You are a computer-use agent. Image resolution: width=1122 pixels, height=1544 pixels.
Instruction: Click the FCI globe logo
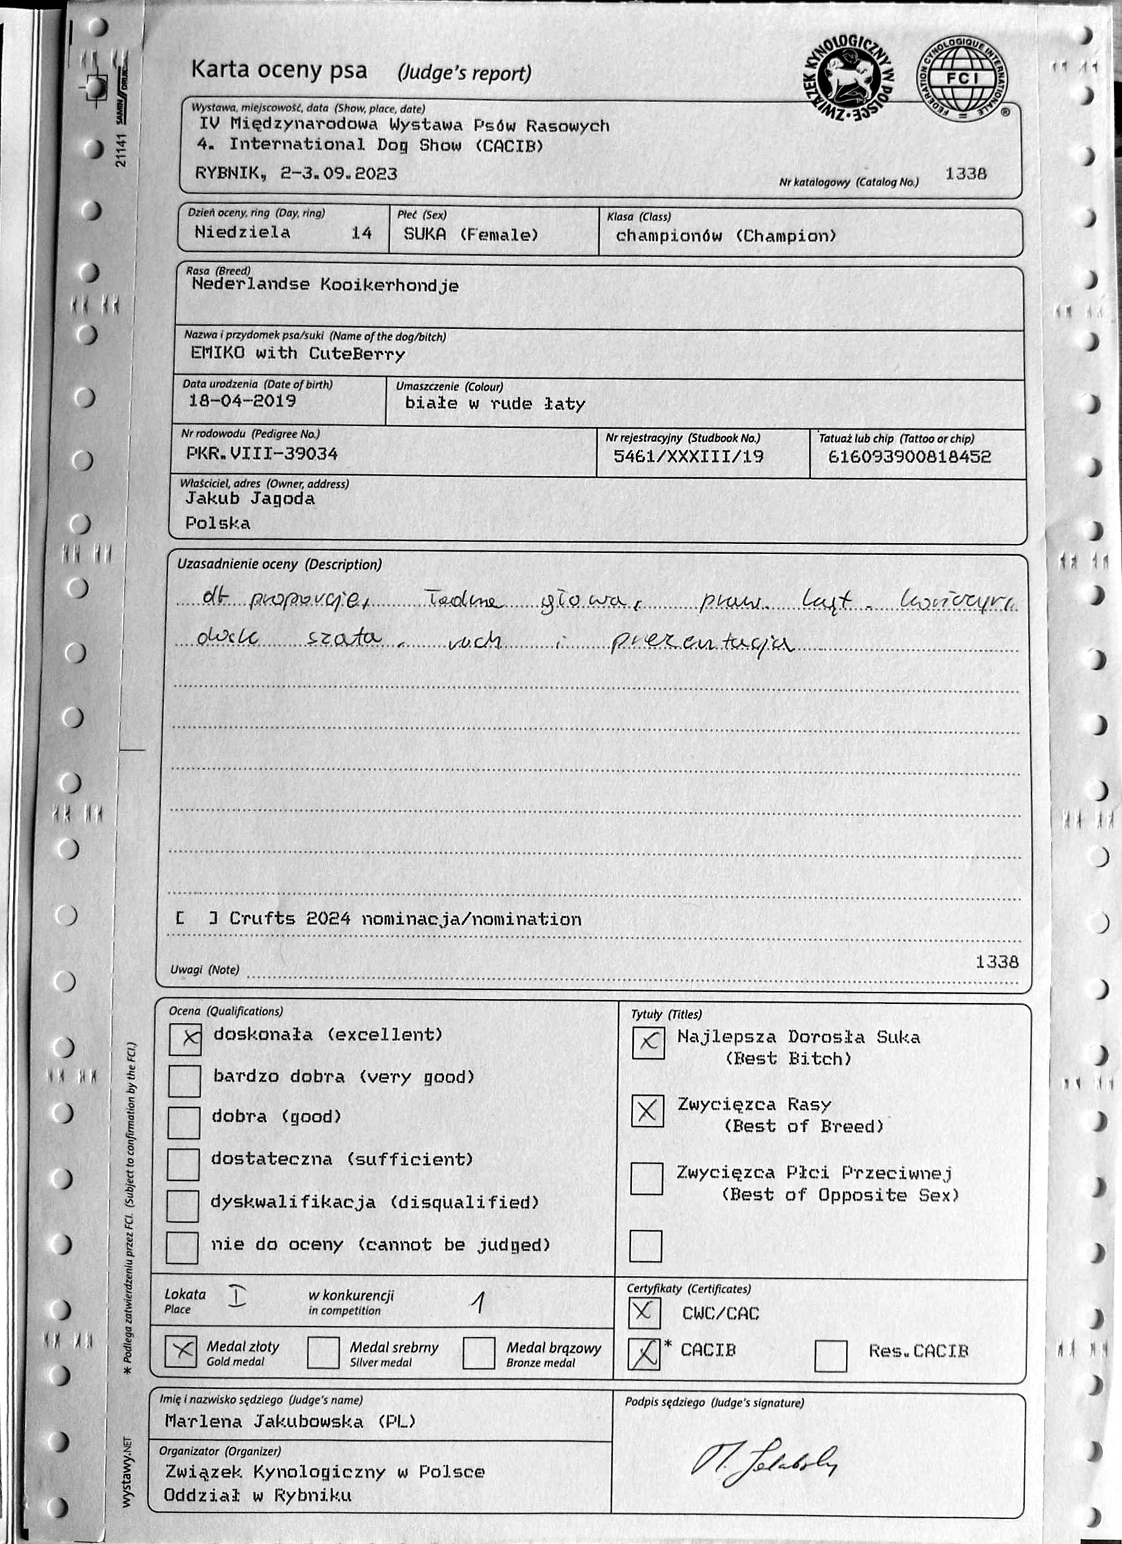pyautogui.click(x=961, y=79)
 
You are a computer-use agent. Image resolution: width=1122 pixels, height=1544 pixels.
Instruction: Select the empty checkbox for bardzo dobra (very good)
pyautogui.click(x=185, y=1081)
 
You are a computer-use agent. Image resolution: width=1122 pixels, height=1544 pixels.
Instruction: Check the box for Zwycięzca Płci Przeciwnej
pyautogui.click(x=646, y=1178)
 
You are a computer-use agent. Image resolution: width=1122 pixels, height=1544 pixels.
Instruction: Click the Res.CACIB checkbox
pyautogui.click(x=830, y=1356)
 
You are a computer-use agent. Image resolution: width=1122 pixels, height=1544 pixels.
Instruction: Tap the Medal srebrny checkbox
pyautogui.click(x=324, y=1352)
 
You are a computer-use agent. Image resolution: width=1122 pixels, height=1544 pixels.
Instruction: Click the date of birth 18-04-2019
pyautogui.click(x=242, y=401)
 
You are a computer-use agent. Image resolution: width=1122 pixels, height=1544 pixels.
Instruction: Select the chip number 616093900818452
pyautogui.click(x=909, y=457)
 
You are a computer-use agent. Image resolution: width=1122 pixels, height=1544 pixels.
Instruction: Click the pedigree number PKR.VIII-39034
pyautogui.click(x=262, y=454)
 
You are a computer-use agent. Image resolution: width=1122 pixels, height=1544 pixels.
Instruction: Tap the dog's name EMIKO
pyautogui.click(x=217, y=352)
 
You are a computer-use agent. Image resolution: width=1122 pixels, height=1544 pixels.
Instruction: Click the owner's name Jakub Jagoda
pyautogui.click(x=250, y=499)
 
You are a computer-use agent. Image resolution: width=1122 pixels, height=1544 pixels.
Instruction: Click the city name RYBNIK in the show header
pyautogui.click(x=227, y=173)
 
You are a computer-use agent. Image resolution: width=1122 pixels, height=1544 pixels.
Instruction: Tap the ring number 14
pyautogui.click(x=361, y=233)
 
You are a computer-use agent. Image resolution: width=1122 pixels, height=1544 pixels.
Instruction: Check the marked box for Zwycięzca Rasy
pyautogui.click(x=647, y=1111)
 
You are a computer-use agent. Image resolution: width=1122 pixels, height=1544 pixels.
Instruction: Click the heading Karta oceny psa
pyautogui.click(x=279, y=70)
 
